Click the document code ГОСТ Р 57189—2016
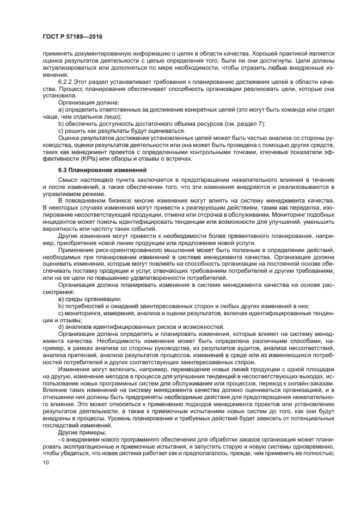[x=72, y=36]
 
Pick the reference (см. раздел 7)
[x=211, y=124]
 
